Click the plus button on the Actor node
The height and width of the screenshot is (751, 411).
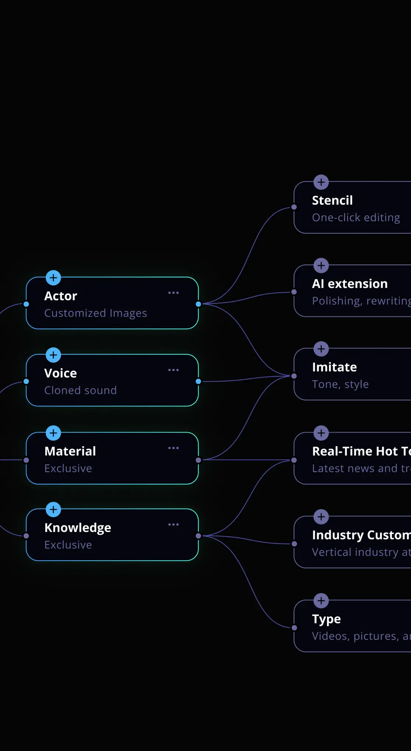[53, 278]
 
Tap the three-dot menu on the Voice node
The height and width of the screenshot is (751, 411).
[173, 370]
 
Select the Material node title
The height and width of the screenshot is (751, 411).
[70, 451]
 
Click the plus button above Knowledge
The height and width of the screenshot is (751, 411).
[53, 510]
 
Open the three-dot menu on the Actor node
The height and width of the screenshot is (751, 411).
[173, 293]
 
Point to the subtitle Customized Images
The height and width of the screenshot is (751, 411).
[95, 313]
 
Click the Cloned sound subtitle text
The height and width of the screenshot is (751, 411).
[80, 391]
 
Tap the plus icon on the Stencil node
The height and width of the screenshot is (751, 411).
[321, 182]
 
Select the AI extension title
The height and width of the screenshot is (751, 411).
[349, 284]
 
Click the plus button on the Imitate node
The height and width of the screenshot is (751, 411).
[321, 349]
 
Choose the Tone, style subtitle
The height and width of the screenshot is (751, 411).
[340, 384]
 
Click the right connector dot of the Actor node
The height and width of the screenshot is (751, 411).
[199, 304]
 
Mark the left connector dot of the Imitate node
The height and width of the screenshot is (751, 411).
[294, 376]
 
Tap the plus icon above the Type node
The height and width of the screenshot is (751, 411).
[321, 601]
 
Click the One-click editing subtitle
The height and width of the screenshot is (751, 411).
[356, 218]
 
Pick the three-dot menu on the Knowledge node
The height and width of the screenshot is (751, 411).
[173, 525]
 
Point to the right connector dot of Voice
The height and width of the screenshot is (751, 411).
[199, 381]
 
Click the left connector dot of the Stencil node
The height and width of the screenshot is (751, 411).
[294, 207]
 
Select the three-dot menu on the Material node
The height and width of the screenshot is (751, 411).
[173, 448]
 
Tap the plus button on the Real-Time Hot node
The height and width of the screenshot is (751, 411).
[321, 433]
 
